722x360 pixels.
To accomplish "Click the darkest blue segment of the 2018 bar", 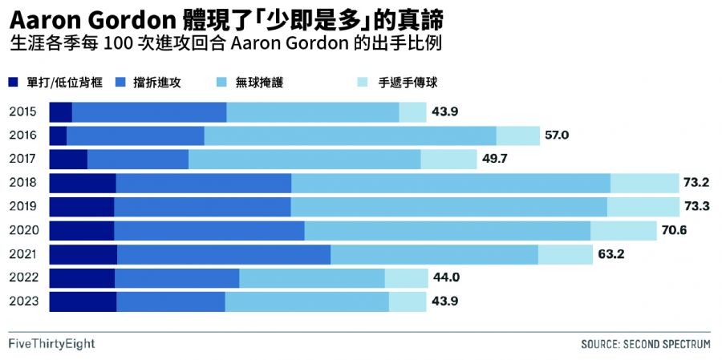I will pos(83,184).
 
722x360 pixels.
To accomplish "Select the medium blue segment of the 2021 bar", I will pos(224,255).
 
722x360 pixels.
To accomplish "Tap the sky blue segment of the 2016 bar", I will pos(351,136).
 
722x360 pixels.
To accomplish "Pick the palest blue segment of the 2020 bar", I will pos(623,231).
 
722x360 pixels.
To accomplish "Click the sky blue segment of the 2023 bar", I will pos(307,302).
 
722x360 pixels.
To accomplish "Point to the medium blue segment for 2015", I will pos(149,112).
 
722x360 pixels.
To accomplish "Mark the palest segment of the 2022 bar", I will pos(407,278).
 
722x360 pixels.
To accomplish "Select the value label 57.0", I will pos(556,136).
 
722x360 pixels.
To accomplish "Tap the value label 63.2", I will pos(611,255).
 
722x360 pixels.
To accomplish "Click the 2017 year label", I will pos(23,160).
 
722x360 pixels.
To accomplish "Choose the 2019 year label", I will pos(23,207).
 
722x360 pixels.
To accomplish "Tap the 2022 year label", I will pos(23,278).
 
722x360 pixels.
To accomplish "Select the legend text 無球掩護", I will pos(259,82).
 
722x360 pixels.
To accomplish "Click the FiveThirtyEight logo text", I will pos(52,344).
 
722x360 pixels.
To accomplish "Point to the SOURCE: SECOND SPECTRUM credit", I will pos(646,344).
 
